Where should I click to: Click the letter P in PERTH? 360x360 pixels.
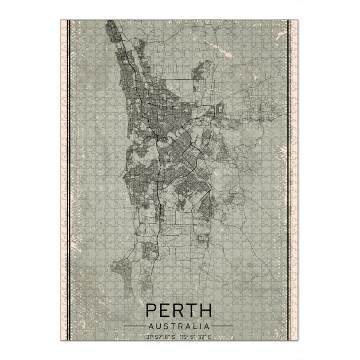[152, 311]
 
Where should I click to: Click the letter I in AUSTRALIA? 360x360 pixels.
[197, 326]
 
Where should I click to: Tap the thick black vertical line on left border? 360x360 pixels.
[70, 180]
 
